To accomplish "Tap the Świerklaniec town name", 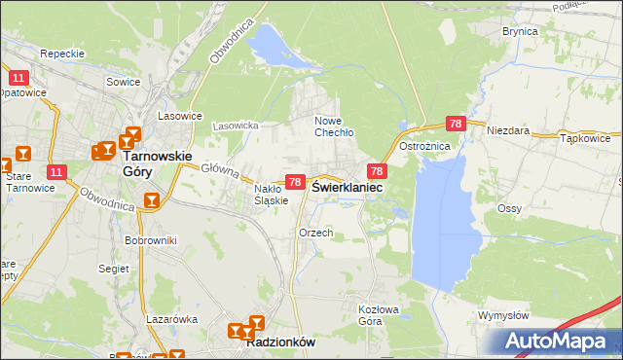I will [x=347, y=188].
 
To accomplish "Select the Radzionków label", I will [x=281, y=343].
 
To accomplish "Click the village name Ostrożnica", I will [x=423, y=146].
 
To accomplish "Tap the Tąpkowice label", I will [x=585, y=138].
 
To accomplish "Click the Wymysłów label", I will [x=503, y=315].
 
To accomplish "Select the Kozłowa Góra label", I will [x=377, y=314].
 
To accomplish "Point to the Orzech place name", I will [x=316, y=234].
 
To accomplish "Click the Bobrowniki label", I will [x=150, y=239].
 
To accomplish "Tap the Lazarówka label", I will [x=172, y=318].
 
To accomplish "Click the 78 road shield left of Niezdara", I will [x=456, y=124].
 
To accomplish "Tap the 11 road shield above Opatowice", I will [x=18, y=77].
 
